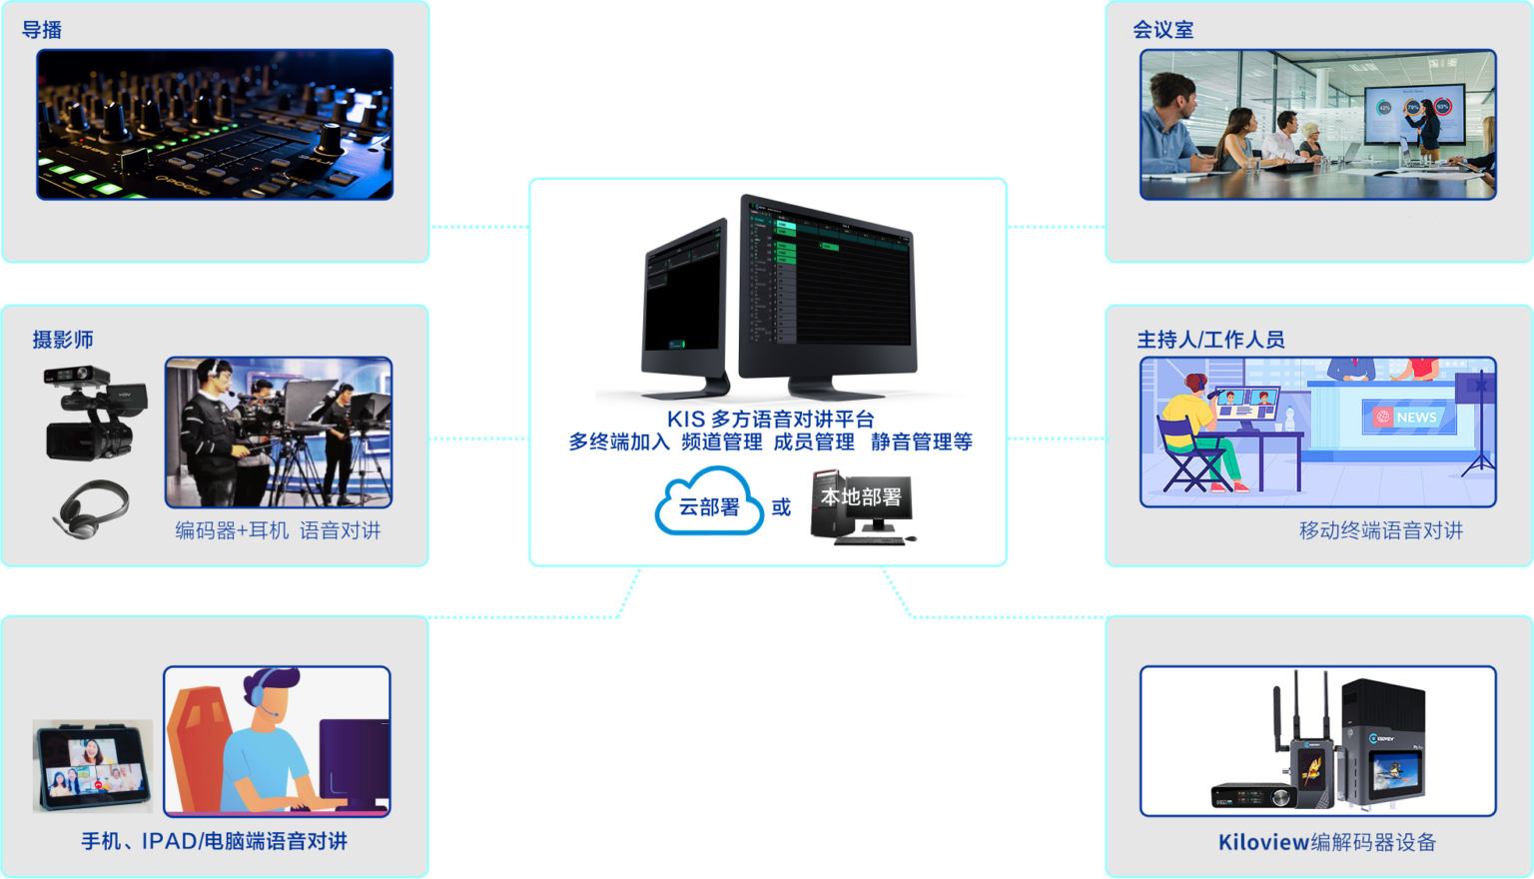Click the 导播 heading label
click(42, 30)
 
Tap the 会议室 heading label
click(1162, 30)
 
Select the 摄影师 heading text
click(63, 340)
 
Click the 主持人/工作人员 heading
click(1210, 340)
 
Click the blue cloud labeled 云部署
click(709, 503)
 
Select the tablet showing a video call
click(92, 765)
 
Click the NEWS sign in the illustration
click(1409, 418)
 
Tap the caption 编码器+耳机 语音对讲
click(278, 530)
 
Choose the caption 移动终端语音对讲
click(1380, 530)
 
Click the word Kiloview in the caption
click(1263, 842)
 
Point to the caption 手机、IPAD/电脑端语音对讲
click(214, 841)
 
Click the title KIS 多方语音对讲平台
click(770, 419)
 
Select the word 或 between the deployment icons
click(781, 507)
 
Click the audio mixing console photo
click(215, 125)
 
